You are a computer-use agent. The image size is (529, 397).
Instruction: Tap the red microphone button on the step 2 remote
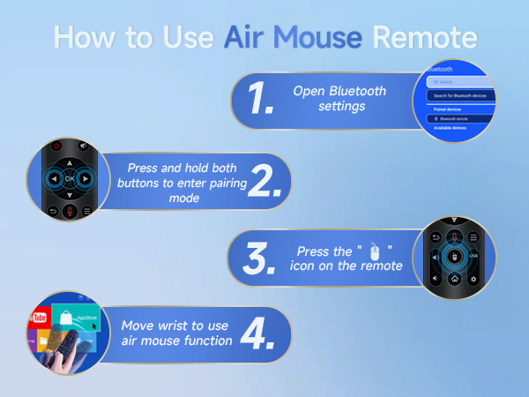point(71,211)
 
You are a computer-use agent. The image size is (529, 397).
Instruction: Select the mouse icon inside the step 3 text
point(375,249)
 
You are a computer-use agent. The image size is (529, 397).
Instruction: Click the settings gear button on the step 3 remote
point(474,280)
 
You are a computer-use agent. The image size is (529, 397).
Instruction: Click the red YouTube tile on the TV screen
point(38,317)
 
